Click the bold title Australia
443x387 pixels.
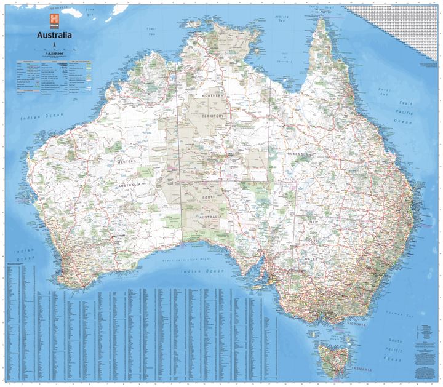[55, 34]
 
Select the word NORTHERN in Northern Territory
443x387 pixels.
[212, 97]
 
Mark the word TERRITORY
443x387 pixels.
[212, 115]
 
